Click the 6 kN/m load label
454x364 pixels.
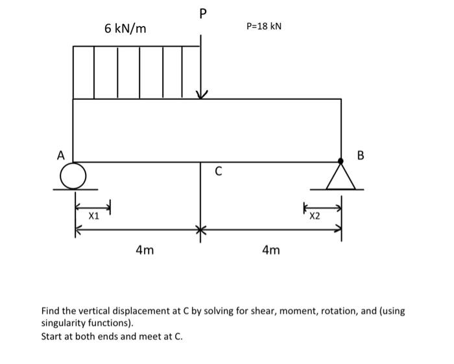pos(125,29)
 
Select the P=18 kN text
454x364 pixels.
pos(265,26)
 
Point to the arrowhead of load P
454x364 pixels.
pos(202,95)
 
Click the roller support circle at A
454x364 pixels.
pos(73,175)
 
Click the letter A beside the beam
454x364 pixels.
pos(61,155)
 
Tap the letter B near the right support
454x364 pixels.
pos(361,155)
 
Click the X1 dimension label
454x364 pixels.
pos(94,216)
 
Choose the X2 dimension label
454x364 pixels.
pos(315,216)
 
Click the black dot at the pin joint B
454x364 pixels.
pos(341,160)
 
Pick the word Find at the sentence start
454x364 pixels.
pos(51,311)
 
